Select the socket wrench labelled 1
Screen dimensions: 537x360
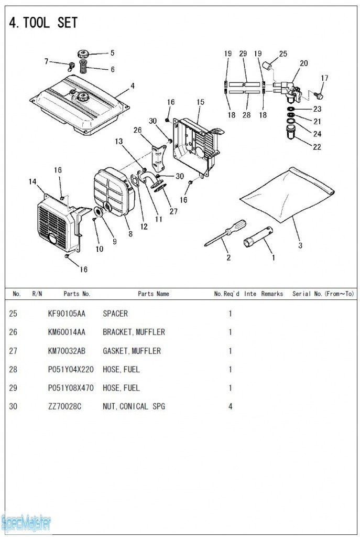click(258, 237)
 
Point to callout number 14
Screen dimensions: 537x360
click(32, 181)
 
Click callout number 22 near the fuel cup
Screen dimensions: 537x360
click(317, 147)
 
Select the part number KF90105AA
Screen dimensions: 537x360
click(67, 314)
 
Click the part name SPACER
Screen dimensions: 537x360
click(115, 314)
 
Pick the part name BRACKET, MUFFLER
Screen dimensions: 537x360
click(134, 332)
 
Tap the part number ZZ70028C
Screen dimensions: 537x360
click(64, 406)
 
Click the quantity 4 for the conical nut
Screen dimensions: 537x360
click(230, 406)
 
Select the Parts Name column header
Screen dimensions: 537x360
click(154, 294)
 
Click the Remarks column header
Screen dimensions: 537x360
click(272, 294)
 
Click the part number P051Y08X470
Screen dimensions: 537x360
click(71, 388)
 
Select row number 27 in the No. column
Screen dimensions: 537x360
click(13, 351)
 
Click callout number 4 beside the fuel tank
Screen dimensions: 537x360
click(133, 85)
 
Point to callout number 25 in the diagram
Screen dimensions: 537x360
click(283, 53)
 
